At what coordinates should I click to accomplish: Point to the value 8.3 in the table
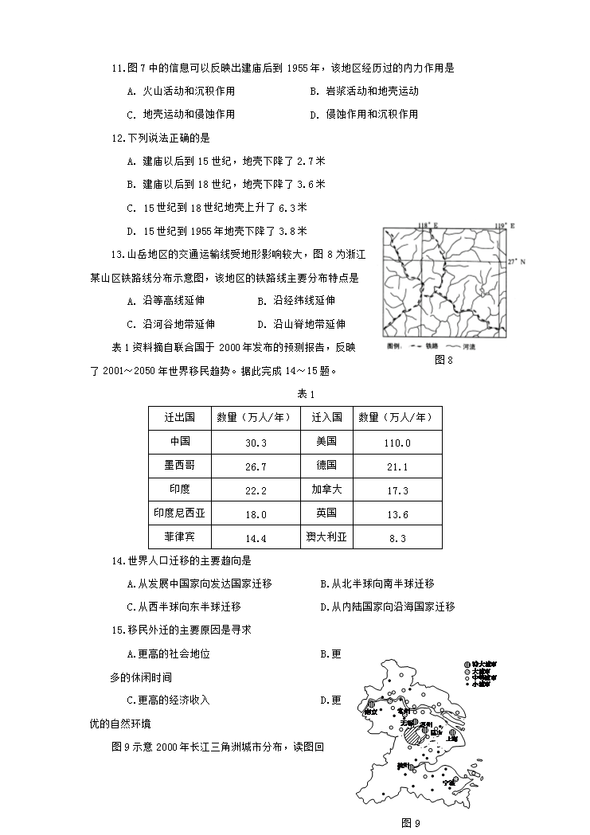point(396,538)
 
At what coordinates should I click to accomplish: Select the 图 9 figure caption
point(410,823)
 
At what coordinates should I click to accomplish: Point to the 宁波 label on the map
point(451,782)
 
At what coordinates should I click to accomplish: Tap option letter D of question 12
point(131,231)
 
